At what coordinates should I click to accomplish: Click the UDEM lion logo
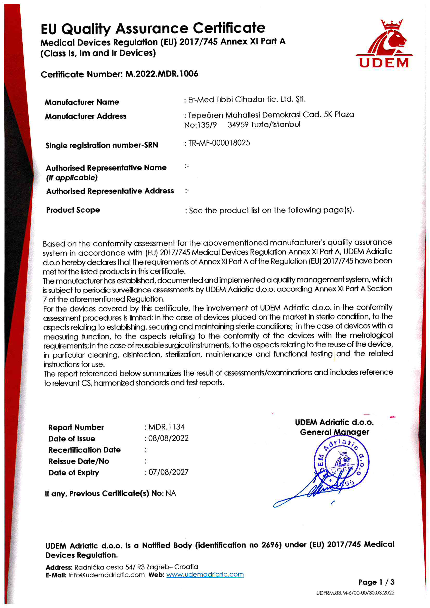coord(384,43)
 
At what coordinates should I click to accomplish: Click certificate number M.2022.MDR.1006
coord(162,74)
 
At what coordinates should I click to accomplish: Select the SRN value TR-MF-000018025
coord(219,143)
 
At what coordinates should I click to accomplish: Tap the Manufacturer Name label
coord(82,102)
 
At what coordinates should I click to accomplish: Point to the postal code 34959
coord(238,125)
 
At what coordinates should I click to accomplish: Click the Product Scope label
coord(73,210)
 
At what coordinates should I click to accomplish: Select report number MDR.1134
coord(166,426)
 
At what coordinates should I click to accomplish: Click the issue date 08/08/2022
coord(168,438)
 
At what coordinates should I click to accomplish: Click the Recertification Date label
coord(85,450)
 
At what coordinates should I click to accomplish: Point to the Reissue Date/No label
coord(79,461)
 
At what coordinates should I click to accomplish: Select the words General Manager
coord(334,432)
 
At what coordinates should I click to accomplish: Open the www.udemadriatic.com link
coord(205,574)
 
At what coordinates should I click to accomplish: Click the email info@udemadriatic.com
coord(106,575)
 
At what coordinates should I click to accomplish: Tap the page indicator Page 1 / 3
coord(376,582)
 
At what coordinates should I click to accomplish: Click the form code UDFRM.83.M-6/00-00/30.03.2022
coord(355,593)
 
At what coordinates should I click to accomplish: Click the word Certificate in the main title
coord(229,28)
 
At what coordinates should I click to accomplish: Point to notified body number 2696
coord(271,545)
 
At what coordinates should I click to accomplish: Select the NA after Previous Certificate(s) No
coord(171,493)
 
